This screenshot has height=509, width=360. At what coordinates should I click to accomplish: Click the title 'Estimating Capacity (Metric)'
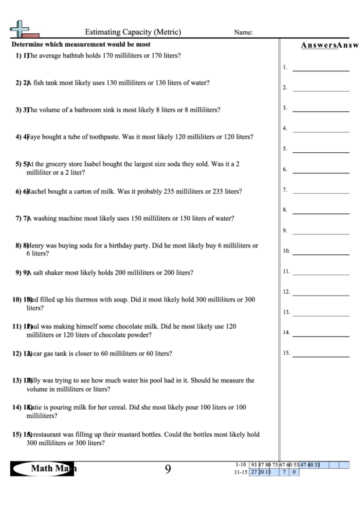point(128,31)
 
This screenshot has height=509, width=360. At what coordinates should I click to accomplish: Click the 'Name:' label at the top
point(243,32)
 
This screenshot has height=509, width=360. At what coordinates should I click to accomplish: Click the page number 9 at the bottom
point(167,469)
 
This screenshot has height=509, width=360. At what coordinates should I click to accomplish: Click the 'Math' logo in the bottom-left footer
point(42,468)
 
